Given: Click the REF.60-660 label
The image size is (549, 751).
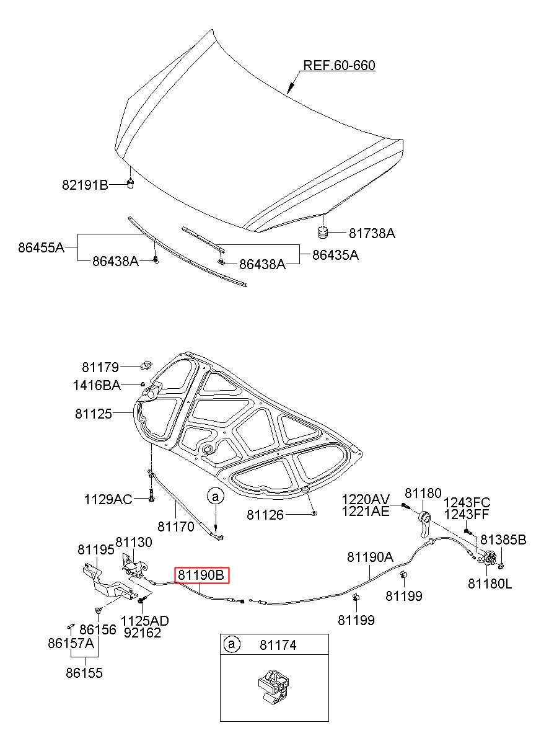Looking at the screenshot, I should pyautogui.click(x=338, y=66).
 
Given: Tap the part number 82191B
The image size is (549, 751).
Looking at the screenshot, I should pyautogui.click(x=85, y=184).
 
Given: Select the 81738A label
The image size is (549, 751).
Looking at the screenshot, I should pyautogui.click(x=372, y=233).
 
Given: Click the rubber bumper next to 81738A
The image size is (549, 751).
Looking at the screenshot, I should pyautogui.click(x=322, y=233).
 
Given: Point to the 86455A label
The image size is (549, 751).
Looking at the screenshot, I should pyautogui.click(x=41, y=247).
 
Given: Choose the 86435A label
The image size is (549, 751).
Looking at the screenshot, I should pyautogui.click(x=335, y=254).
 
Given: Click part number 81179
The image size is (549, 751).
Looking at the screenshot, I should pyautogui.click(x=100, y=367).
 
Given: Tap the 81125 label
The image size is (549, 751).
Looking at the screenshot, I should pyautogui.click(x=94, y=413).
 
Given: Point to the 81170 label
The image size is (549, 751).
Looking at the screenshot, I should pyautogui.click(x=175, y=527).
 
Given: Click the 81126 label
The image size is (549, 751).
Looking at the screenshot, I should pyautogui.click(x=266, y=514).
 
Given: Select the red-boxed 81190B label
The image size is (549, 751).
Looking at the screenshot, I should pyautogui.click(x=201, y=575).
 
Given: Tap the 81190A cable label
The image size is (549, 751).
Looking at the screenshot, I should pyautogui.click(x=369, y=557).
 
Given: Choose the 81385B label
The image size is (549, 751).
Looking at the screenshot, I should pyautogui.click(x=503, y=540).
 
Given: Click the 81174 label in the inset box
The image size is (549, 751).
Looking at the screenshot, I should pyautogui.click(x=278, y=645).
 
